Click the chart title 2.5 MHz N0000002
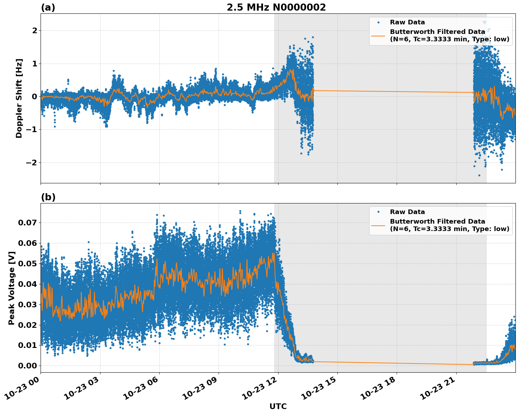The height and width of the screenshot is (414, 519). (x=276, y=7)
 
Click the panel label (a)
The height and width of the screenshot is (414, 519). (x=48, y=7)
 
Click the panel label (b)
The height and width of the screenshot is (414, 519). (x=48, y=197)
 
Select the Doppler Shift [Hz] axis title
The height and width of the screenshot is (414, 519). (x=19, y=98)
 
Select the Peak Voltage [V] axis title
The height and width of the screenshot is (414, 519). (x=12, y=288)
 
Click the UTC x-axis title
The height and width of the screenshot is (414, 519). (x=278, y=406)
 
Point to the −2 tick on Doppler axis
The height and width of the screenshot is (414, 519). (x=30, y=162)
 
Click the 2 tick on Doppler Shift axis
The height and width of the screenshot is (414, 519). (x=35, y=31)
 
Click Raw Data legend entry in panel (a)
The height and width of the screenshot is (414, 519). (x=407, y=22)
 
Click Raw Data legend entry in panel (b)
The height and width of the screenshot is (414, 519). (x=407, y=212)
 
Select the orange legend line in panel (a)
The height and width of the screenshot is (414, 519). (x=378, y=36)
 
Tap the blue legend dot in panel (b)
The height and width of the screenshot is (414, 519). (x=378, y=212)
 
